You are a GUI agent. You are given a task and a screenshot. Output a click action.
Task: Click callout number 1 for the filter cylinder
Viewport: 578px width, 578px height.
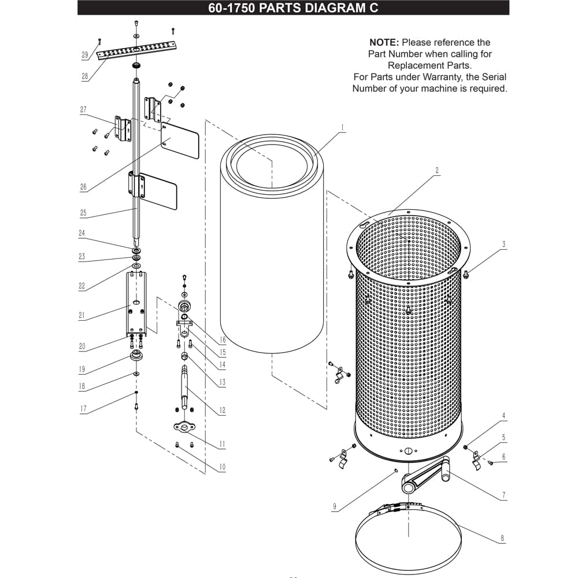pyautogui.click(x=342, y=128)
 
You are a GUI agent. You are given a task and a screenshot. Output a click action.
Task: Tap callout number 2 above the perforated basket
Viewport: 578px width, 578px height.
pyautogui.click(x=437, y=171)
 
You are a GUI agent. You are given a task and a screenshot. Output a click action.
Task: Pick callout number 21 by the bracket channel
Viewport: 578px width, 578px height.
pyautogui.click(x=81, y=315)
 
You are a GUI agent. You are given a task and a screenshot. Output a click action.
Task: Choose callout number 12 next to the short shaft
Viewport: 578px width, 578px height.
pyautogui.click(x=222, y=410)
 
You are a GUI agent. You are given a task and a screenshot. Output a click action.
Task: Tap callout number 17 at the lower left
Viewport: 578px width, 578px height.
pyautogui.click(x=83, y=409)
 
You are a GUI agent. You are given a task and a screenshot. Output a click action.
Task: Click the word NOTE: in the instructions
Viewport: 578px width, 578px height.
pyautogui.click(x=384, y=42)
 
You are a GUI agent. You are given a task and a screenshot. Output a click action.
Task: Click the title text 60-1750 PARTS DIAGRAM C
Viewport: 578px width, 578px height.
pyautogui.click(x=293, y=8)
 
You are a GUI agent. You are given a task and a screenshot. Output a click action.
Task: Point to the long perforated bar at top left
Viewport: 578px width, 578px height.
pyautogui.click(x=136, y=50)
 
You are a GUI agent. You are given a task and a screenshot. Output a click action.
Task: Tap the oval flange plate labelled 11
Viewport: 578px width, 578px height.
pyautogui.click(x=184, y=427)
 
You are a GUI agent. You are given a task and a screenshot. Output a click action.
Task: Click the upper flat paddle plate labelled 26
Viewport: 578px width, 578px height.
pyautogui.click(x=180, y=140)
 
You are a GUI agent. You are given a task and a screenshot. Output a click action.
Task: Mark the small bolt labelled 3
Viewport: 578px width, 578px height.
pyautogui.click(x=465, y=274)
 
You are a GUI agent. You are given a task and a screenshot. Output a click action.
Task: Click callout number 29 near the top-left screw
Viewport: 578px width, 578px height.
pyautogui.click(x=85, y=55)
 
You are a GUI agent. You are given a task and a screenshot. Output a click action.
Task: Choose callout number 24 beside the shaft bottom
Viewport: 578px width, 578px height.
pyautogui.click(x=81, y=233)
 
